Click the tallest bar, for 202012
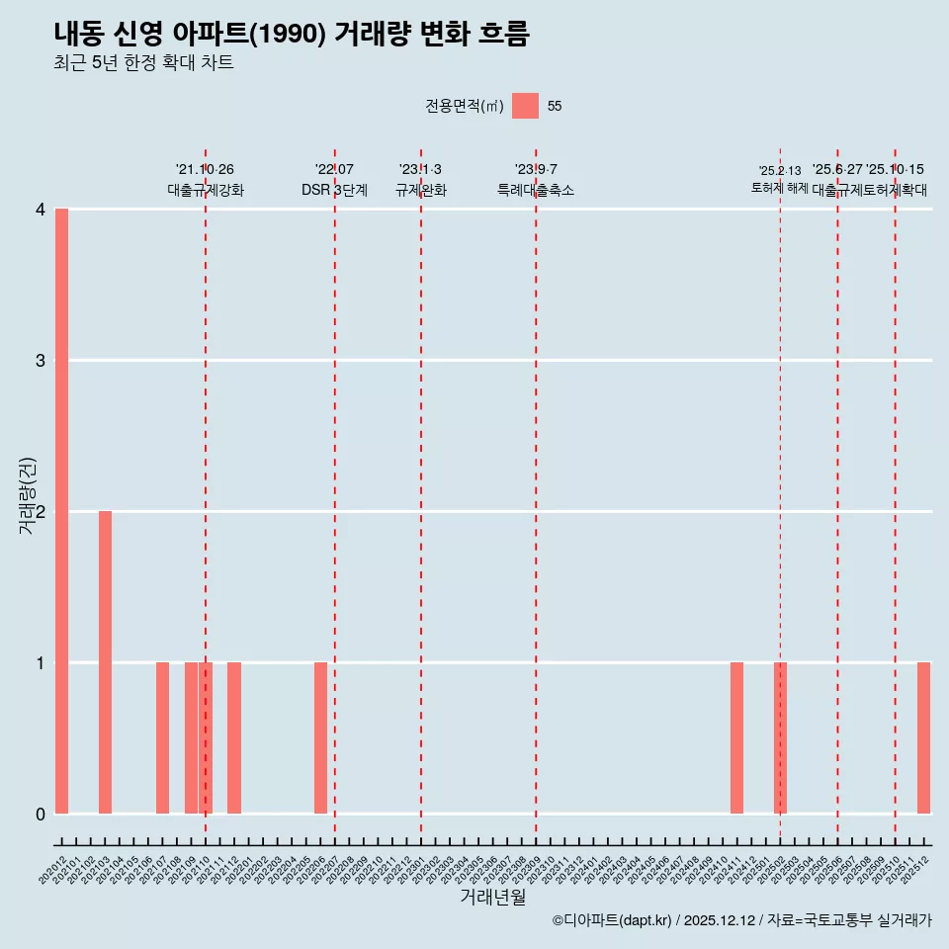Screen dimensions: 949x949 (61, 511)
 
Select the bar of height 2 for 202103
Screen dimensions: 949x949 (105, 662)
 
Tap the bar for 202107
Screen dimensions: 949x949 (162, 737)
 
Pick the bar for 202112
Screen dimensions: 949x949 (234, 737)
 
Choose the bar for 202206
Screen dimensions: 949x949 (320, 737)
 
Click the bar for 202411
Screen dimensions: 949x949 (736, 737)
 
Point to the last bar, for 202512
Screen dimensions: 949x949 (923, 737)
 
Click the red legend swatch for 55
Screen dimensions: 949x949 (525, 106)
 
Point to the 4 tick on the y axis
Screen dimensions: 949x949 (41, 210)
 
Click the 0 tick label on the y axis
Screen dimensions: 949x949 (41, 815)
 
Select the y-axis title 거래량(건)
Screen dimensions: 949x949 (28, 496)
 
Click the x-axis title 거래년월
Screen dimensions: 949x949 (492, 897)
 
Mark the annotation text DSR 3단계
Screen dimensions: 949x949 (334, 191)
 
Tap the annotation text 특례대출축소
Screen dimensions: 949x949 (535, 191)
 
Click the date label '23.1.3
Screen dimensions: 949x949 (420, 170)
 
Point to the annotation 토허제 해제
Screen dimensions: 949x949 (780, 188)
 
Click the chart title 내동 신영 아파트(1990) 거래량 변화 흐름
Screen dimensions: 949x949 (292, 35)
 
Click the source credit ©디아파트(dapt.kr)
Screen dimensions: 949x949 (612, 920)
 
